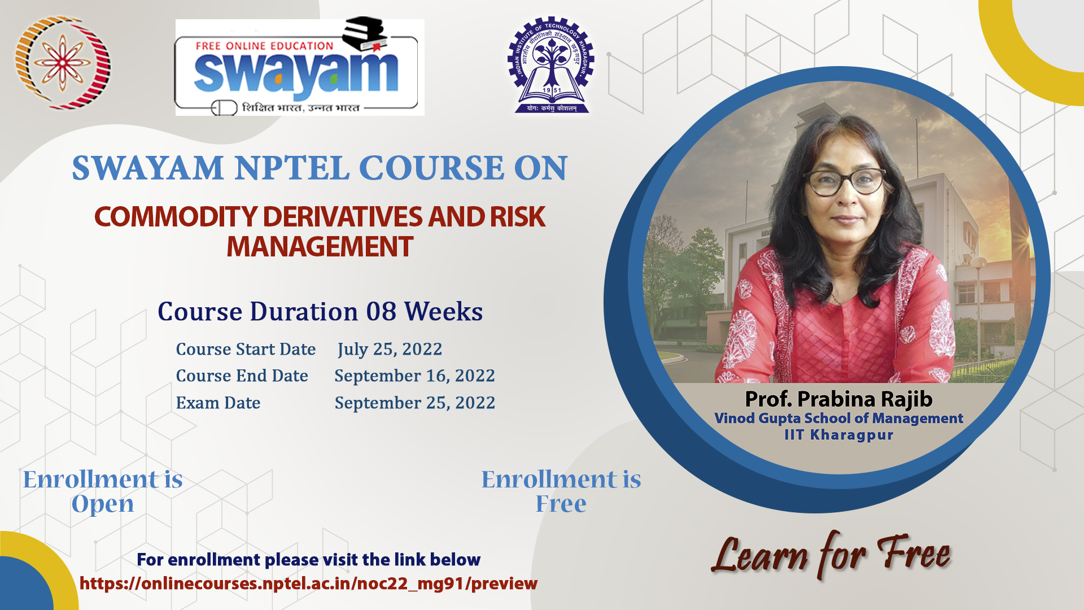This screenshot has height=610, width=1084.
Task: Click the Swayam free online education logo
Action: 300,67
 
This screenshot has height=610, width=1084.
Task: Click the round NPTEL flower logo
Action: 62,63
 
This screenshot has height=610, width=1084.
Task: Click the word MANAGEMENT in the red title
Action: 320,247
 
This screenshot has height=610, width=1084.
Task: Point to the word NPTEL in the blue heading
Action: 292,168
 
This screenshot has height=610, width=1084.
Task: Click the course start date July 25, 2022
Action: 390,349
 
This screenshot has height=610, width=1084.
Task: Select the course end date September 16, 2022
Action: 415,376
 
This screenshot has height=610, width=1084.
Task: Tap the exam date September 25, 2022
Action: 415,403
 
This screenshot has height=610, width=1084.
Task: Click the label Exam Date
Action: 218,403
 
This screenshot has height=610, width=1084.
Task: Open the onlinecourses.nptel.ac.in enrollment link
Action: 308,583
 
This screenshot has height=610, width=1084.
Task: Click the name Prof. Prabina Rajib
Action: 838,399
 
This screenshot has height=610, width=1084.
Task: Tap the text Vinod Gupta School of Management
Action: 838,418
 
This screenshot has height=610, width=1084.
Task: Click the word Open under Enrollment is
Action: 103,504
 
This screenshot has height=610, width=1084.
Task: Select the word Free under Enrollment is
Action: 561,503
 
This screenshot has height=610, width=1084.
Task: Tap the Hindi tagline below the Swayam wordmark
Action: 300,107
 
